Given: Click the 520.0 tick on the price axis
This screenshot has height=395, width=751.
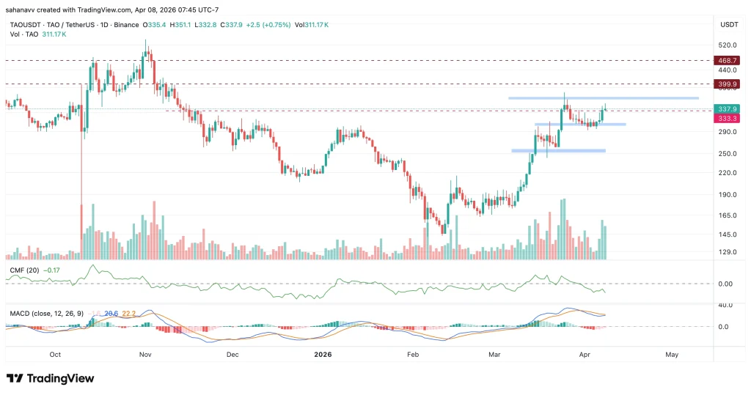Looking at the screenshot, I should [x=728, y=45].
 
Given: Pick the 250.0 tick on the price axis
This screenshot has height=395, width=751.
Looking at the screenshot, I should [x=728, y=154].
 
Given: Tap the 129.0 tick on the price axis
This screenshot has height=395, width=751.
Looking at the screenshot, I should [x=728, y=252].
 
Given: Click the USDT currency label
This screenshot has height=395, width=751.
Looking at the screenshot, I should [x=728, y=24].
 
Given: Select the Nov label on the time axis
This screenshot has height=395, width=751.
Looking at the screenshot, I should [x=144, y=354].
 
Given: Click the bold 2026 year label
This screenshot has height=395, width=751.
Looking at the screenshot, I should [x=323, y=354].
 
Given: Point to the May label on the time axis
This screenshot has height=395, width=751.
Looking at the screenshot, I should [x=672, y=354].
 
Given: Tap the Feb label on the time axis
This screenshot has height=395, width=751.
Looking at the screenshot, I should [x=412, y=354].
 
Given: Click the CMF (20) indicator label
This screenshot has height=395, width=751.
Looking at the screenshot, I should [x=24, y=270].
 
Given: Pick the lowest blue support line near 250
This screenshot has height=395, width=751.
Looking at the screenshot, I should [x=558, y=151].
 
